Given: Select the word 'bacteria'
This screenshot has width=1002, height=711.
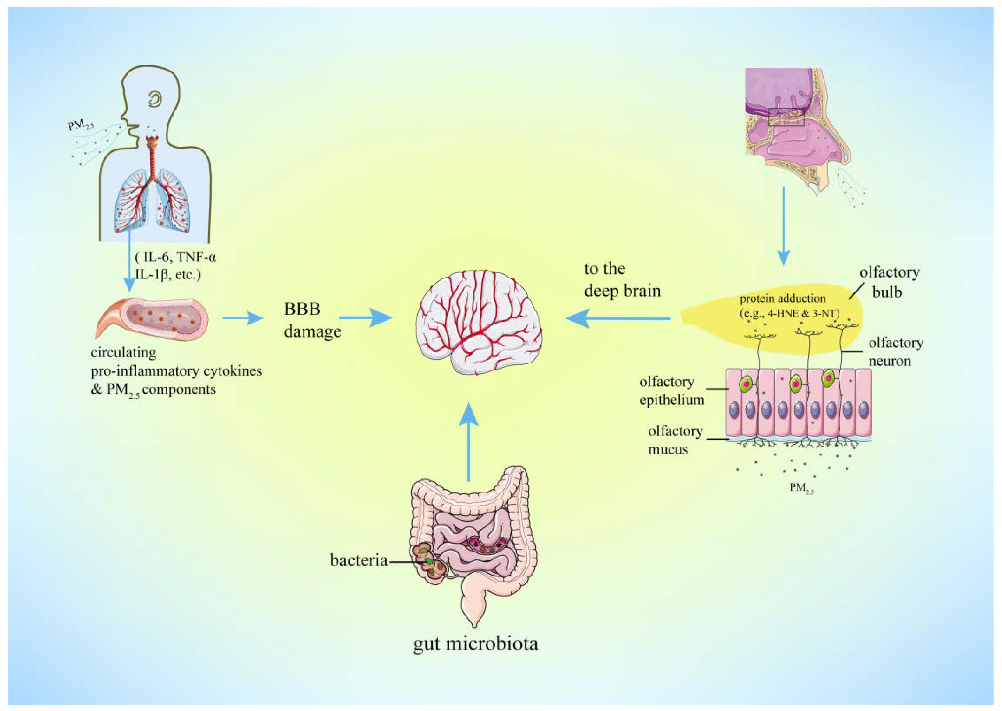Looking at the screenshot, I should [359, 560].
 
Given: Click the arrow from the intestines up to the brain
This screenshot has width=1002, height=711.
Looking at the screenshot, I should [469, 442].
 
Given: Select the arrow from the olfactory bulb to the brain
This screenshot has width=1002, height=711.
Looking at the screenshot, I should [617, 319].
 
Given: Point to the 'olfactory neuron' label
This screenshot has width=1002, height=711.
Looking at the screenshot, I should [895, 351].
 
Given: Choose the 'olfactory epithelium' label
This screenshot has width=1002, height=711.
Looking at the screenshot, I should [671, 391].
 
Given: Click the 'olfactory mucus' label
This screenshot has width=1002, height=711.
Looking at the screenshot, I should [674, 440].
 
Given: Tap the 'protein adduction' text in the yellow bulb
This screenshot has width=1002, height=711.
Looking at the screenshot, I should [782, 299].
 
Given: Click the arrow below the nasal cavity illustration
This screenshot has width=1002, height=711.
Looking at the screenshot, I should [783, 226].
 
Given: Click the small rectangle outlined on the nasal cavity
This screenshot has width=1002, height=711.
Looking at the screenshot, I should [786, 117].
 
